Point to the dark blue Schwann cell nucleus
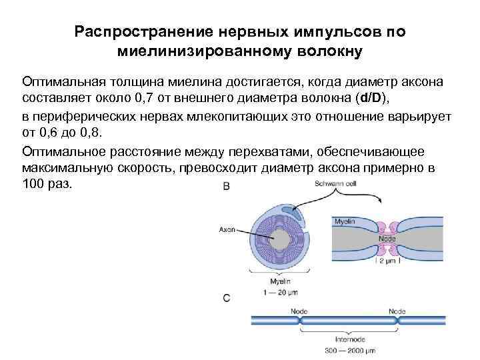click(292, 209)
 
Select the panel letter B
click(226, 187)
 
